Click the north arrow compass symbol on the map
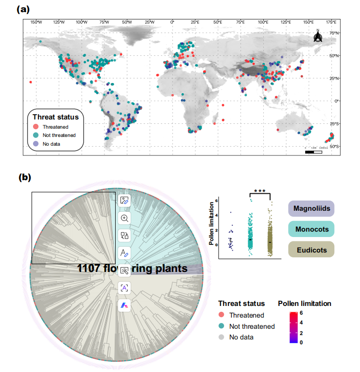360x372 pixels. click(318, 37)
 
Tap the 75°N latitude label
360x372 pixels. click(333, 33)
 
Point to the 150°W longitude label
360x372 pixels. click(36, 22)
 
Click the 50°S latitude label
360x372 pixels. click(333, 146)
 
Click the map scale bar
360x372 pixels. click(313, 152)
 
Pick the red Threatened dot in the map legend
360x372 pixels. click(36, 127)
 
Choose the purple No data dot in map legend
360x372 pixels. click(36, 144)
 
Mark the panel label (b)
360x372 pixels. click(24, 177)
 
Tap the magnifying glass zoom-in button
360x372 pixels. click(124, 218)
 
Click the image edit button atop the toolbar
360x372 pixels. click(124, 200)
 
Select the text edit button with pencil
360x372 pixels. click(124, 253)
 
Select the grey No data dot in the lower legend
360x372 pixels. click(221, 337)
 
